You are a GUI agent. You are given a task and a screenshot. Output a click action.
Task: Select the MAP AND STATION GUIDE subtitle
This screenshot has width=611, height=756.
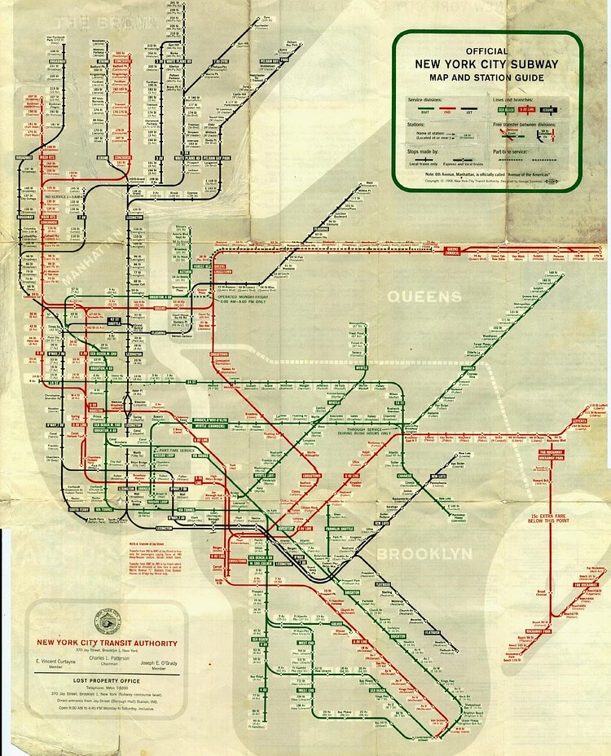coord(486,78)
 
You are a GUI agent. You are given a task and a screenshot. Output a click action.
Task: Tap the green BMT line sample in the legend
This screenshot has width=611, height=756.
coord(425,108)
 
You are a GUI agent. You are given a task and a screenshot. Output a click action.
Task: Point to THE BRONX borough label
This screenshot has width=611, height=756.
coord(90,22)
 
